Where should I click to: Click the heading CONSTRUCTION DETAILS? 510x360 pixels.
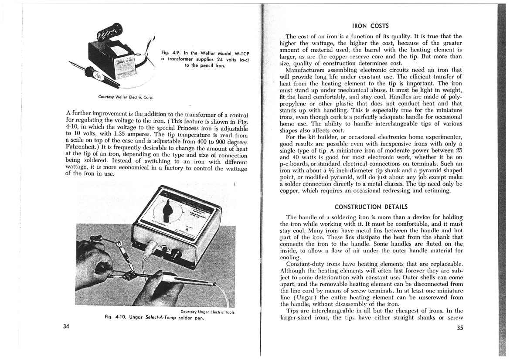(371, 206)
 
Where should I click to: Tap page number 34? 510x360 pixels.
(66, 327)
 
